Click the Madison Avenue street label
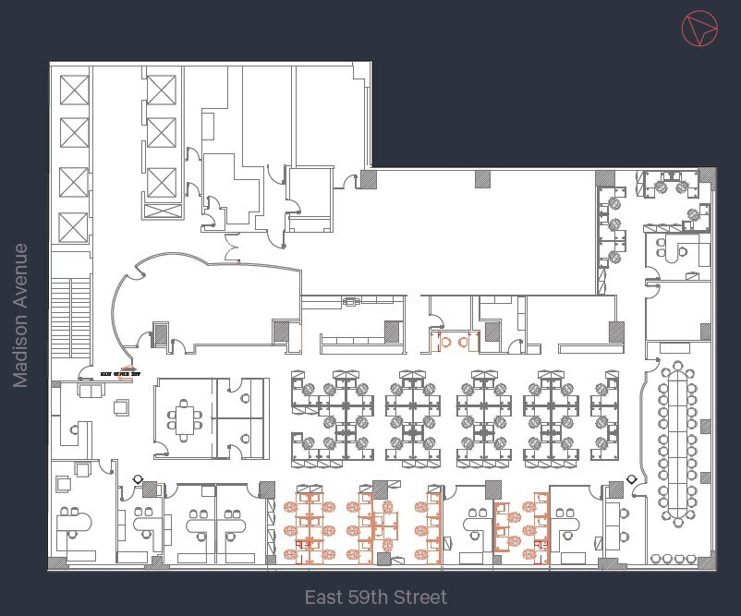point(20,316)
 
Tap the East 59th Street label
point(375,598)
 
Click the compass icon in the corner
point(699,30)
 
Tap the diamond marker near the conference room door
point(632,479)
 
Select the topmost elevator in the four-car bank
point(73,90)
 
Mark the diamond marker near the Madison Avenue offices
point(139,479)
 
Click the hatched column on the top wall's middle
point(481,179)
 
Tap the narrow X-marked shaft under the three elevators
point(161,211)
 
